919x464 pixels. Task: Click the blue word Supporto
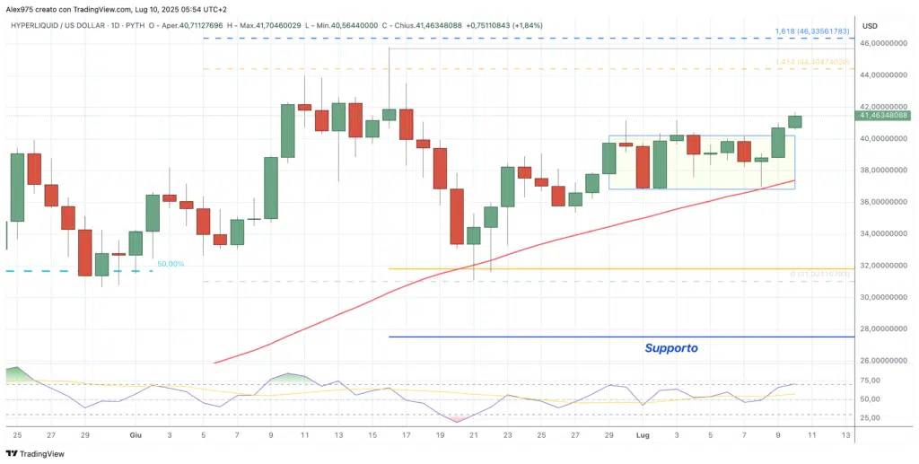(x=670, y=348)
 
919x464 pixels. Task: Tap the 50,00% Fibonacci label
(x=171, y=264)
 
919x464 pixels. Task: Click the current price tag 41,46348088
(x=884, y=116)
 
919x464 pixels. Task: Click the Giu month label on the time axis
(x=136, y=434)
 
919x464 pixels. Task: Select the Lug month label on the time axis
(x=642, y=434)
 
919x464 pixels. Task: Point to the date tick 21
(x=474, y=434)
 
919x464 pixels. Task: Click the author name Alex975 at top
(x=19, y=7)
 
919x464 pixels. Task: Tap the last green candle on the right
(x=795, y=121)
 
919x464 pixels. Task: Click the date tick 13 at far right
(x=845, y=434)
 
